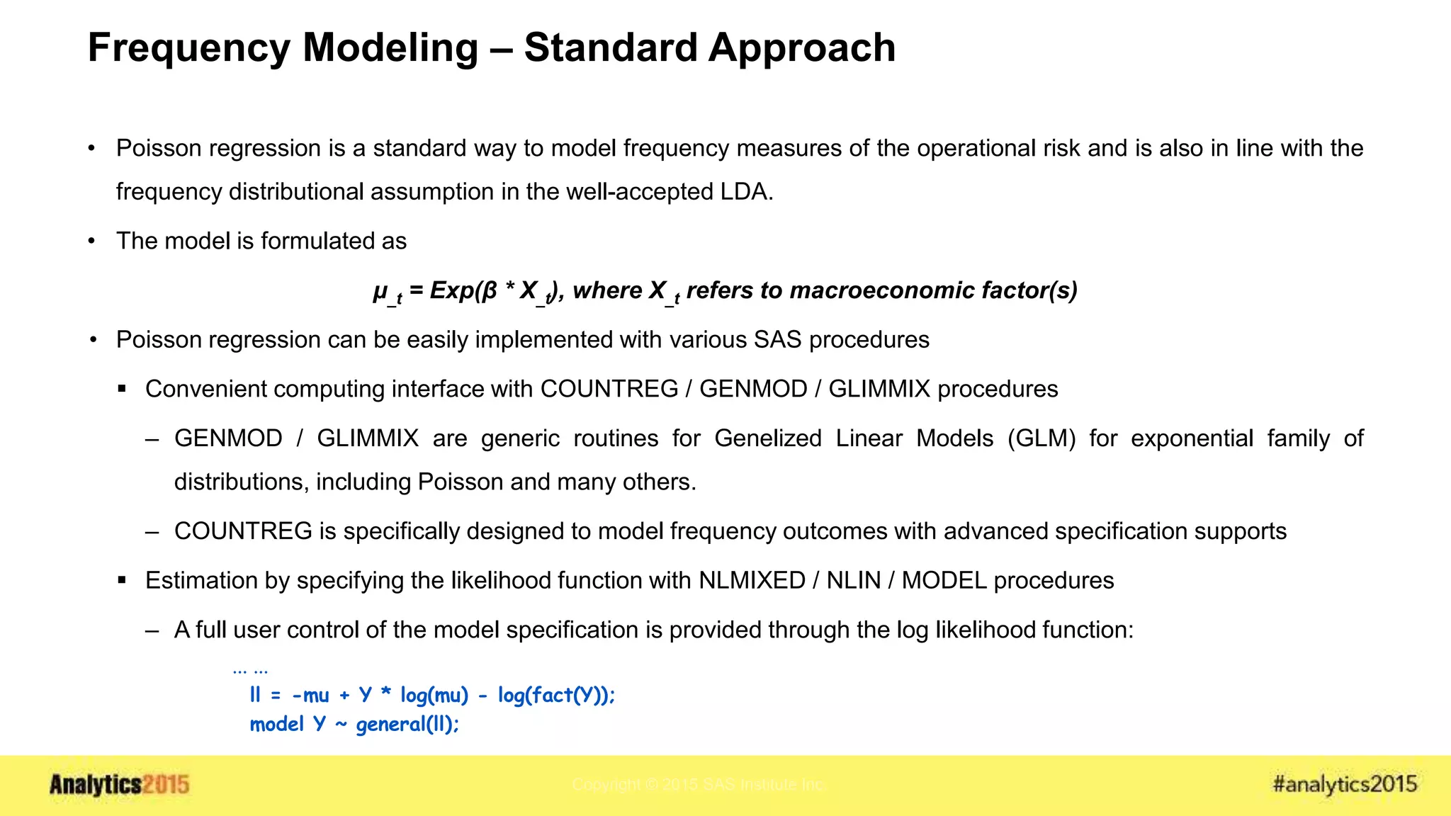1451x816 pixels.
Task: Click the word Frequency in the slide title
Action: (x=188, y=48)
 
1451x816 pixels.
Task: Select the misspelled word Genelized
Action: (x=767, y=438)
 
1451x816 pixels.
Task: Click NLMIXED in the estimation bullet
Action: (x=752, y=581)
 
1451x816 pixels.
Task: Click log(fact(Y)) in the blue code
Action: (x=555, y=696)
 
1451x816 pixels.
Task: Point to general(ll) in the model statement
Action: (x=407, y=725)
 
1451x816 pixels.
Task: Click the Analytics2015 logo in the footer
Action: (x=119, y=785)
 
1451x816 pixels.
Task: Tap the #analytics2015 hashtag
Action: (x=1344, y=784)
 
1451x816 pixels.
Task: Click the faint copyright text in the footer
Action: (x=698, y=785)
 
